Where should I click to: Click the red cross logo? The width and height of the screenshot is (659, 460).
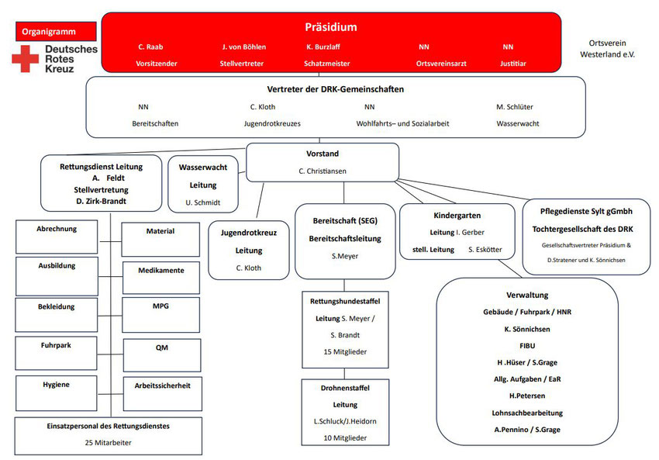point(24,59)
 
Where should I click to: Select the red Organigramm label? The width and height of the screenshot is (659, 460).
point(55,32)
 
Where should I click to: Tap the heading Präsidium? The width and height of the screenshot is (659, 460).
point(330,27)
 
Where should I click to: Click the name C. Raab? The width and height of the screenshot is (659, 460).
point(150,47)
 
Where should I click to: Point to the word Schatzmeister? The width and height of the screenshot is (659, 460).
point(326,63)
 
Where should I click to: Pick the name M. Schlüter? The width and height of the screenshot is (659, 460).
point(514,107)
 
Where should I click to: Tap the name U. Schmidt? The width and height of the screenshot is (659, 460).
point(203,202)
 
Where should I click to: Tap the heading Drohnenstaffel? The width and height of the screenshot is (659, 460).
point(345,388)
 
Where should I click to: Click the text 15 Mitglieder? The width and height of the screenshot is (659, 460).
point(345,351)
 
